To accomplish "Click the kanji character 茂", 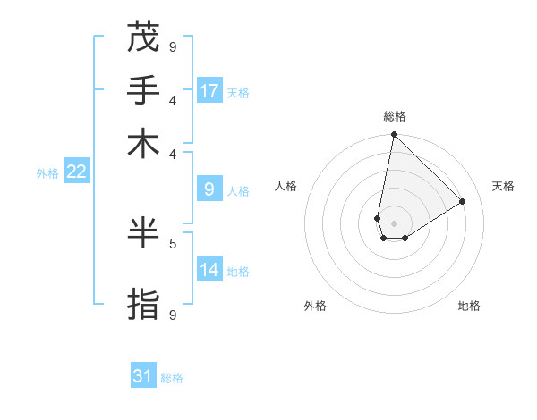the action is pos(143,38).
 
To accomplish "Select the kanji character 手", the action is pos(143,90).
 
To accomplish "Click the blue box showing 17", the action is pos(209,91).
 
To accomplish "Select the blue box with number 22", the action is pos(76,172).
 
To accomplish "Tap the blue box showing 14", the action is pos(209,269).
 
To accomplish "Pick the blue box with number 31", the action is pos(142,376).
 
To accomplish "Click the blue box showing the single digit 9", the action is pos(209,189).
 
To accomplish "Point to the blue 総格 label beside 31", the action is pos(172,378).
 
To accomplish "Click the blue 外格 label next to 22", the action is pos(47,173).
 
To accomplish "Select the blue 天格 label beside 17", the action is pos(238,93).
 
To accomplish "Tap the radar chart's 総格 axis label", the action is pos(394,116).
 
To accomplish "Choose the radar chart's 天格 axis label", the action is pos(503,186).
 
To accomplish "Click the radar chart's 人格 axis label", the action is pos(286,186).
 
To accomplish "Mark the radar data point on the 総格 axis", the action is pos(394,135).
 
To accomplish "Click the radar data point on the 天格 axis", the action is pos(463,201).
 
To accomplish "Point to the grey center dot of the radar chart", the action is pos(394,223).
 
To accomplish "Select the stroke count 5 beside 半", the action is pos(173,242).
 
